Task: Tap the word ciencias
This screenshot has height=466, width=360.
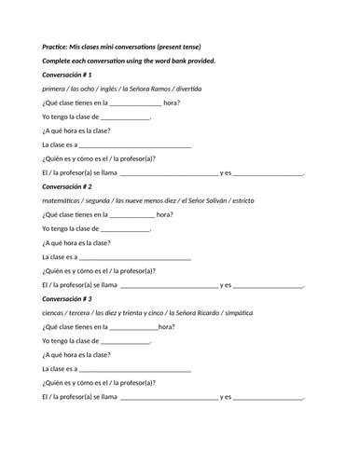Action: point(55,313)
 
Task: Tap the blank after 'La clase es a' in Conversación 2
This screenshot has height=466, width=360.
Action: point(135,258)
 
